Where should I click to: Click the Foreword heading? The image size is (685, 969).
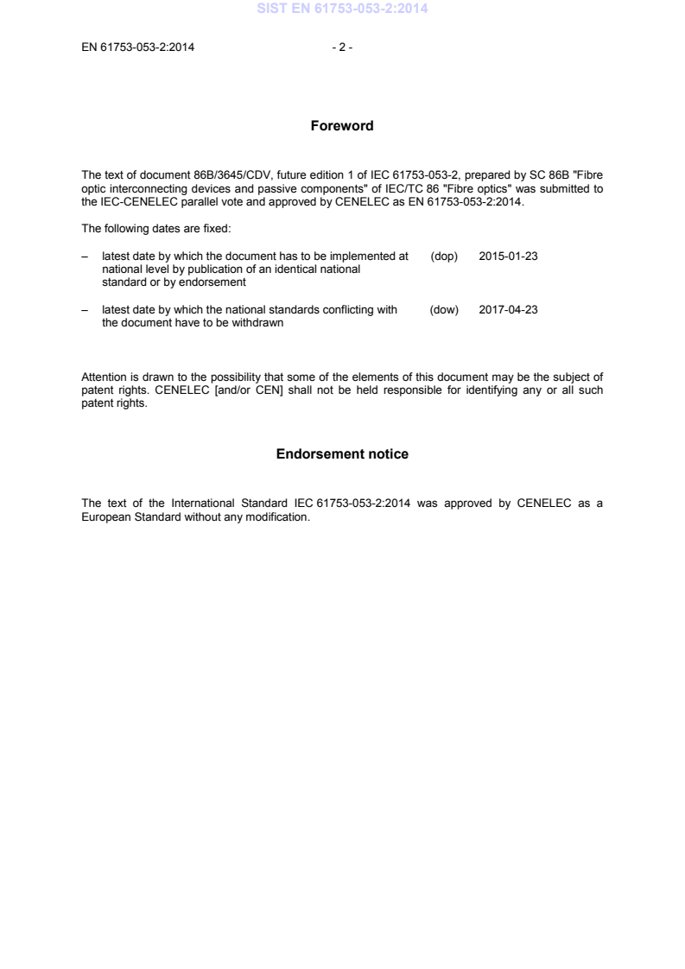342,126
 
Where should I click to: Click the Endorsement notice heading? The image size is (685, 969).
342,454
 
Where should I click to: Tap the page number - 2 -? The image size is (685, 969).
342,47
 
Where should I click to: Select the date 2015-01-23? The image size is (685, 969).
508,257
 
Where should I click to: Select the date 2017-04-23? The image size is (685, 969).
508,310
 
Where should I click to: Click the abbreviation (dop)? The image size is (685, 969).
444,257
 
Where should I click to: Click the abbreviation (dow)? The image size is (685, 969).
444,310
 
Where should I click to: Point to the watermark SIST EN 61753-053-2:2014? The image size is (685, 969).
342,9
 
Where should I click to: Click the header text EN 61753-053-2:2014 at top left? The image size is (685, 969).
137,47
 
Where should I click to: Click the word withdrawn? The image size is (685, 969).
259,323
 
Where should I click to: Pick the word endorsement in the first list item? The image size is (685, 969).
215,282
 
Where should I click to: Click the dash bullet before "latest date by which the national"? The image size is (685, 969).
85,310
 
